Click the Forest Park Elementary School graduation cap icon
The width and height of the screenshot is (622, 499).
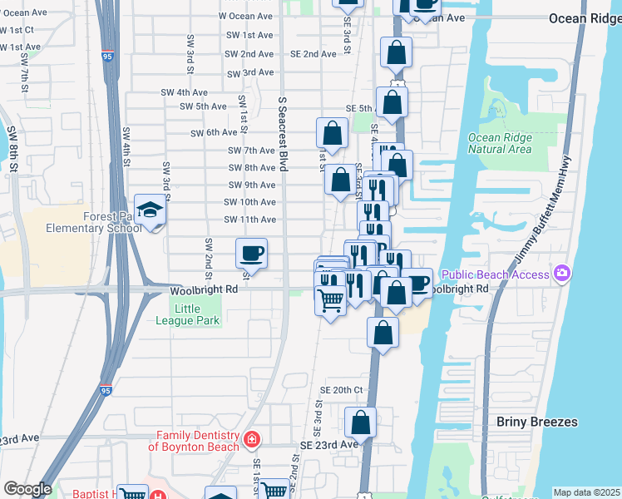tap(150, 210)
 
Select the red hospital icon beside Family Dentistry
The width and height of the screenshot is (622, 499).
tap(251, 439)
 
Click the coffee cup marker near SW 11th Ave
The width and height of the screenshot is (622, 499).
tap(251, 252)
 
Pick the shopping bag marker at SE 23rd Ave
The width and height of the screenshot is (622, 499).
tap(360, 422)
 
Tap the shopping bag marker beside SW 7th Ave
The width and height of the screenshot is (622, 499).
tap(332, 133)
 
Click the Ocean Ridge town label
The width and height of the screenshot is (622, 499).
tap(585, 17)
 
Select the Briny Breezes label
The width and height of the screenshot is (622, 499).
tap(536, 422)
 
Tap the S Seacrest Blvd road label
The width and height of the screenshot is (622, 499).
tap(283, 133)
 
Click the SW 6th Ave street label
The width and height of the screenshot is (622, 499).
tap(215, 133)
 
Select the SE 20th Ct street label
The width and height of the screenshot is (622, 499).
tap(342, 390)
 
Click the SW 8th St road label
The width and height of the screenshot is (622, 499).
tap(13, 150)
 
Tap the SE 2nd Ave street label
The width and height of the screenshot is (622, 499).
tap(313, 54)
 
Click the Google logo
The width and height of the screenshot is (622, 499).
tap(27, 488)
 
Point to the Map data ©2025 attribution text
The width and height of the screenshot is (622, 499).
tap(586, 492)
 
